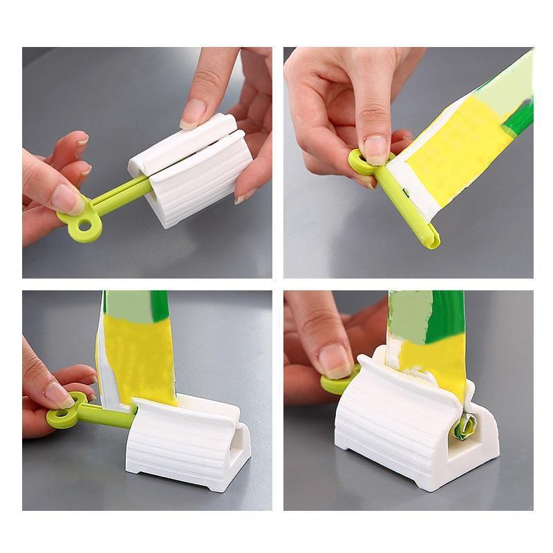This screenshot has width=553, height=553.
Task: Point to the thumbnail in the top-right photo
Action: coord(377,148)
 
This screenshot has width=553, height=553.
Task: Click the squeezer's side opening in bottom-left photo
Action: coord(238,453)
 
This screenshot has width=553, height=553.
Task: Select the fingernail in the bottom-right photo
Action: coord(336,360)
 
